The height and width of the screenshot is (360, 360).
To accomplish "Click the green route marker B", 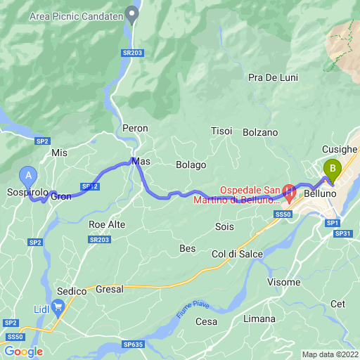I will point(331,169).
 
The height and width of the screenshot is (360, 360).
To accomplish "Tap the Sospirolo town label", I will point(27,192).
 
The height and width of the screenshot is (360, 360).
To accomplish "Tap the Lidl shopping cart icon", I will point(58,305).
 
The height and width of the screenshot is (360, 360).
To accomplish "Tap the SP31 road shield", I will point(342,233).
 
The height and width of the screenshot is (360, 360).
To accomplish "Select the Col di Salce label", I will point(237,254).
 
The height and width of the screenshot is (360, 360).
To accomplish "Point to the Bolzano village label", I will point(260,132).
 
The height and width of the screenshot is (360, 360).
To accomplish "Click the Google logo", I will point(23,351).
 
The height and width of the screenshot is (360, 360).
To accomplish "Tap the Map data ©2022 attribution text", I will point(330,354).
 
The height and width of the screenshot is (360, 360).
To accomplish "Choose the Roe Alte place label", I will point(107,224).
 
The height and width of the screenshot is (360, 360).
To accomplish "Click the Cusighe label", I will point(340,149).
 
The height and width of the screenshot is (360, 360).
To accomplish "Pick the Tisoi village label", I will point(221,131).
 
